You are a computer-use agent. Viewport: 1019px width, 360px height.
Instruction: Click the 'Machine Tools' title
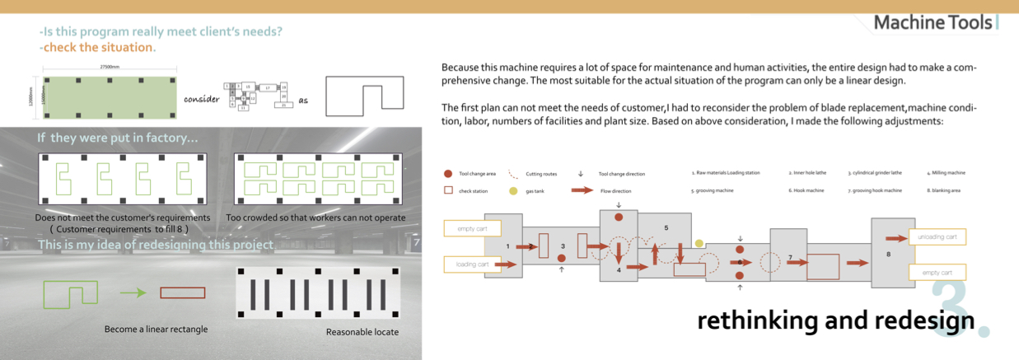point(933,22)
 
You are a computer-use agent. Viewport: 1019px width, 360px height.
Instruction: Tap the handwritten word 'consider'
point(202,99)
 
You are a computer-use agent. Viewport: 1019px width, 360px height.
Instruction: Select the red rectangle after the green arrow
point(182,292)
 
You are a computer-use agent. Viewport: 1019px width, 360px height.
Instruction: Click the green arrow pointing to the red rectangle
point(133,292)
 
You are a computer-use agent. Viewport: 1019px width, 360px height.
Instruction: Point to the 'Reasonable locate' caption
point(362,332)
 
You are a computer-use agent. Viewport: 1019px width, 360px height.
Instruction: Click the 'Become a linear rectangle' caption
point(156,330)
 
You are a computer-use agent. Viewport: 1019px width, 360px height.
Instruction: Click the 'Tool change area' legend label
point(477,174)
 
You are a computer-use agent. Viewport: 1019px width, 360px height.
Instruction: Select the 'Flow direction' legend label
point(615,190)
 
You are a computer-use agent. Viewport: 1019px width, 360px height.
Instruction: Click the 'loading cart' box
point(472,264)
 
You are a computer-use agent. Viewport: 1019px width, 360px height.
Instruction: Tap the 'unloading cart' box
point(937,237)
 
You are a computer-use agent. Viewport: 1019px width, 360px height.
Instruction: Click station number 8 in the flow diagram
point(888,255)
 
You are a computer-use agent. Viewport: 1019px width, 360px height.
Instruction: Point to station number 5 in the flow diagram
point(666,227)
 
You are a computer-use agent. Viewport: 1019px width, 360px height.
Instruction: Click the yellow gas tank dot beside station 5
point(699,244)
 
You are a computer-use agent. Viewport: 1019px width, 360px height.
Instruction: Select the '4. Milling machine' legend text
point(945,173)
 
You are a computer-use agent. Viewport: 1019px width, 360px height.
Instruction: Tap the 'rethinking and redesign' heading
point(835,320)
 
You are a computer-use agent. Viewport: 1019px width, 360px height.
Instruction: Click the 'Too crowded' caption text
point(316,218)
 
